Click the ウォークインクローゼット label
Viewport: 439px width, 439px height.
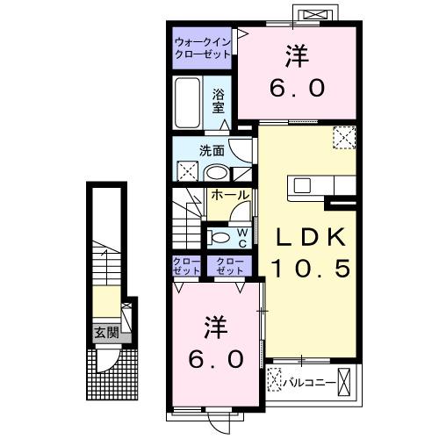[203, 47]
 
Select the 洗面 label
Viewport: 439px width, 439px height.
[212, 150]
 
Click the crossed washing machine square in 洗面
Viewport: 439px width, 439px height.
[187, 170]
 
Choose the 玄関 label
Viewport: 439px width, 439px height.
[108, 332]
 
